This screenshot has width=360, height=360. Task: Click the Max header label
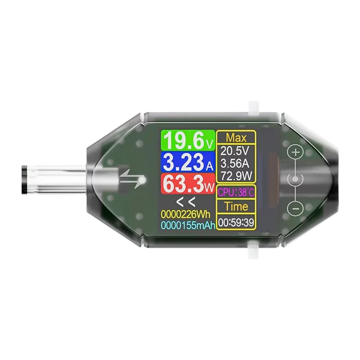pyautogui.click(x=236, y=137)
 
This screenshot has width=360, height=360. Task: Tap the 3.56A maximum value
pyautogui.click(x=236, y=163)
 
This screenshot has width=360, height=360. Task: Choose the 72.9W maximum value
pyautogui.click(x=236, y=175)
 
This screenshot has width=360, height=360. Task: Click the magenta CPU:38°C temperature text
pyautogui.click(x=236, y=192)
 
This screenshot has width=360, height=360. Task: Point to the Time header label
pyautogui.click(x=236, y=207)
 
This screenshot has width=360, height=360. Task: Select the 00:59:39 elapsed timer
pyautogui.click(x=236, y=222)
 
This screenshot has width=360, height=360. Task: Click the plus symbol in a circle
pyautogui.click(x=295, y=152)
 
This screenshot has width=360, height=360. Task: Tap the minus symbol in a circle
pyautogui.click(x=295, y=208)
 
